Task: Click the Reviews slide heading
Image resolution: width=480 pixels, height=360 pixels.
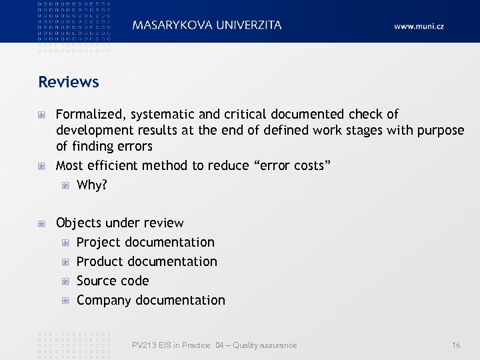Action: (x=69, y=82)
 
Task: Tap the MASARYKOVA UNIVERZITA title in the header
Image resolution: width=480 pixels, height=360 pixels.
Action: (x=207, y=25)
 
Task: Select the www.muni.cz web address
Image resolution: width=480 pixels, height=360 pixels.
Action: (x=419, y=26)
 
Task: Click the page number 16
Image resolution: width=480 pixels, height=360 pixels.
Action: (x=456, y=345)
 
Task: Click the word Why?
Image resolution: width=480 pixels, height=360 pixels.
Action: (x=92, y=185)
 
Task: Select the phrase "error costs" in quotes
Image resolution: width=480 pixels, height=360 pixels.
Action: (x=290, y=165)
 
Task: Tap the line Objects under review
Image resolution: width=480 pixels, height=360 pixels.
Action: (x=120, y=223)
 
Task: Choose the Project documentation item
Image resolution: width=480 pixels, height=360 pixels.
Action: (x=145, y=242)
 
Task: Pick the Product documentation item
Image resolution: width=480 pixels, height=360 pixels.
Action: (x=147, y=261)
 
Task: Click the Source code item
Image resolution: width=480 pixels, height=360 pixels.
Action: (x=113, y=281)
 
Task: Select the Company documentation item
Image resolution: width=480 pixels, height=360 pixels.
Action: (x=151, y=300)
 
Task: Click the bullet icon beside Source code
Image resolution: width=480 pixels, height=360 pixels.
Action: (x=65, y=281)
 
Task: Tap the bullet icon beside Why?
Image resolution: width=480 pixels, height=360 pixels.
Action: (x=65, y=185)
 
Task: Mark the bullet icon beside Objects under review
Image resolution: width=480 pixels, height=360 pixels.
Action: (x=42, y=223)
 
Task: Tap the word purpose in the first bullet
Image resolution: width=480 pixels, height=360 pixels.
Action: (x=441, y=130)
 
